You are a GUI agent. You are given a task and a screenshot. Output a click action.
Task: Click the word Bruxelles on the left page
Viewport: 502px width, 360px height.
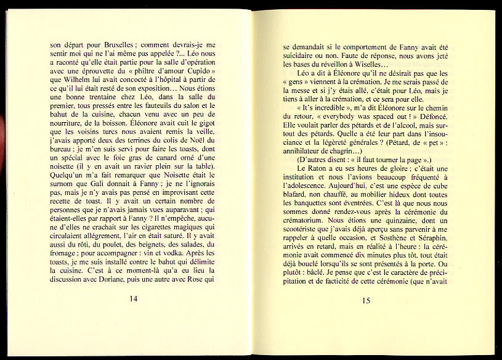pyautogui.click(x=116, y=45)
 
